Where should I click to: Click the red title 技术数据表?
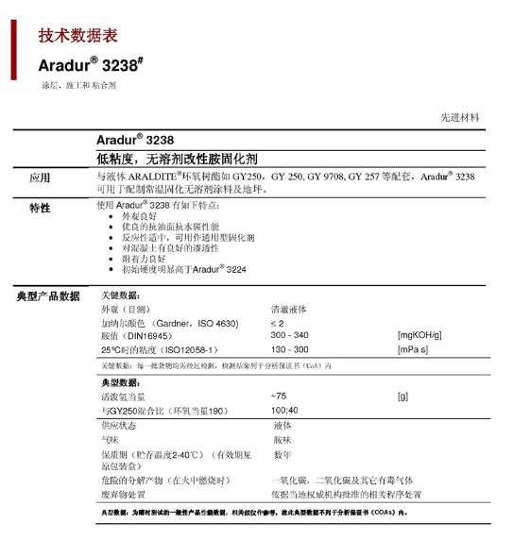pos(77,36)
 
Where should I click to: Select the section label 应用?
pos(40,177)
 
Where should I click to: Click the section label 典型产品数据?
pos(48,295)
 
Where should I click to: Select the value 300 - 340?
pos(289,335)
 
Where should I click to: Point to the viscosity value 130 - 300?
pos(289,349)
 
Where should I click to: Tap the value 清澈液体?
pos(290,309)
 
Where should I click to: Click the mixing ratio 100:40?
pos(284,410)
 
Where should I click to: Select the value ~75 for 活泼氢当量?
pos(279,396)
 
